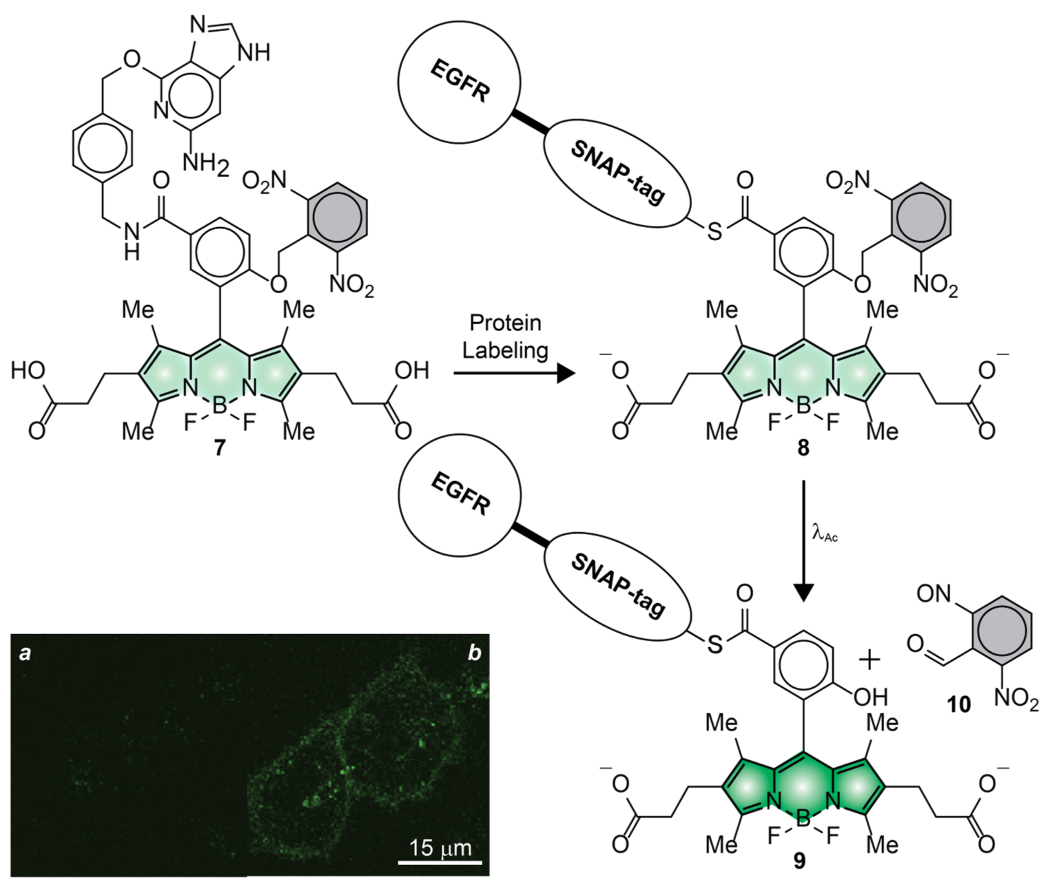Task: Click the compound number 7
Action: pyautogui.click(x=219, y=448)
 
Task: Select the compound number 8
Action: pyautogui.click(x=803, y=448)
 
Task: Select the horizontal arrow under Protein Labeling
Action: pyautogui.click(x=513, y=374)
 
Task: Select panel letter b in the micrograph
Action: pyautogui.click(x=474, y=653)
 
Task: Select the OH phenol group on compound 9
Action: pyautogui.click(x=871, y=697)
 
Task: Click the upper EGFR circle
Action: pyautogui.click(x=459, y=83)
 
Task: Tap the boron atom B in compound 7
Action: pyautogui.click(x=219, y=406)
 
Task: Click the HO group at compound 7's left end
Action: pyautogui.click(x=28, y=371)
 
